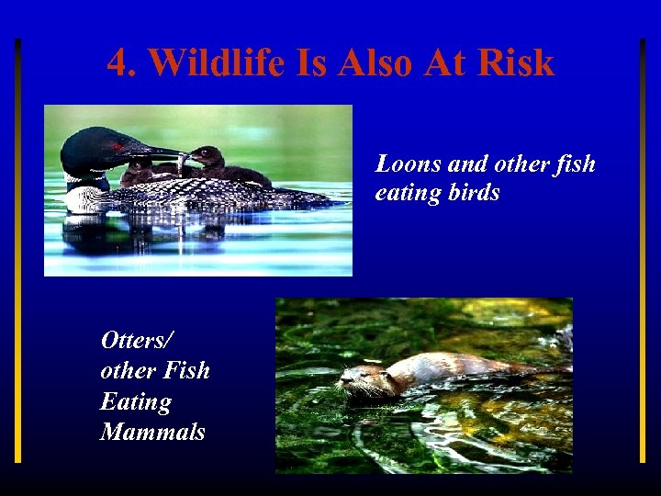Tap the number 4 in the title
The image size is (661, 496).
[x=117, y=63]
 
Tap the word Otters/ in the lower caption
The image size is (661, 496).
[x=136, y=340]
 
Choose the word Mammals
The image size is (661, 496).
[x=152, y=432]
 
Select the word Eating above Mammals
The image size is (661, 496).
[x=136, y=401]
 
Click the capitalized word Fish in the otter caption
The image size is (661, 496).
[x=185, y=371]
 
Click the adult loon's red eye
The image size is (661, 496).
[x=118, y=146]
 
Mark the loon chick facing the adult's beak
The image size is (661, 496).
[x=209, y=160]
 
